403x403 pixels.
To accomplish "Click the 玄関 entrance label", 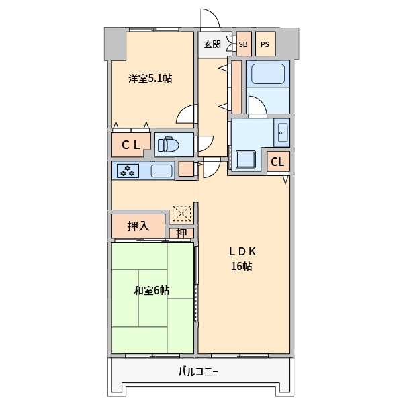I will tap(212, 44).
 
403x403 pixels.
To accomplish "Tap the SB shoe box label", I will tap(242, 44).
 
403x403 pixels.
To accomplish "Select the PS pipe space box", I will tap(265, 44).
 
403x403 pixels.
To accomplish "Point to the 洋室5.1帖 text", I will tap(150, 79).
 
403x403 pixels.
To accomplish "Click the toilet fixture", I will tap(167, 144).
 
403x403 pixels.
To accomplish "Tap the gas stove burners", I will tap(127, 171).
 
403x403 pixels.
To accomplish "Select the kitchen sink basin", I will tap(161, 171).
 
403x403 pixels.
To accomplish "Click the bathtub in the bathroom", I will tap(268, 73).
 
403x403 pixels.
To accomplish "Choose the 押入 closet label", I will tap(138, 226).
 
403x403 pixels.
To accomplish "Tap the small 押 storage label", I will tap(182, 234).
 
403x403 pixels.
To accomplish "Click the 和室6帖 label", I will tap(151, 291).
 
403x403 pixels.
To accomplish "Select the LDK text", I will tap(242, 252).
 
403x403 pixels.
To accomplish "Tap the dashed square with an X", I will tap(181, 214).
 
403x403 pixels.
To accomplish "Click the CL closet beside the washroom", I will tap(278, 161).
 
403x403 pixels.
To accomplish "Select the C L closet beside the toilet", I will tap(131, 144).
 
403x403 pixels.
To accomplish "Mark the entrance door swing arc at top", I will tap(210, 19).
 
